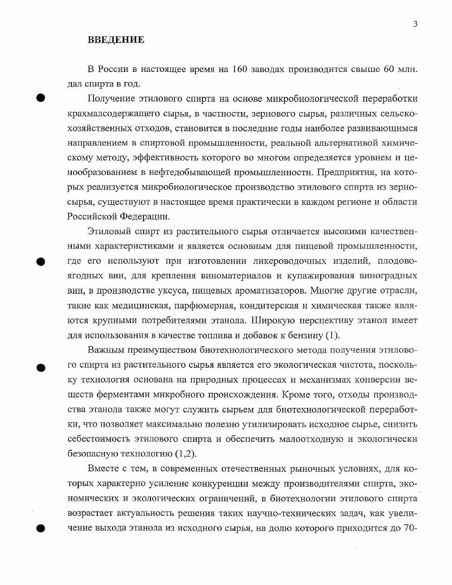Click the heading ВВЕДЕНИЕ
[x=116, y=40]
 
